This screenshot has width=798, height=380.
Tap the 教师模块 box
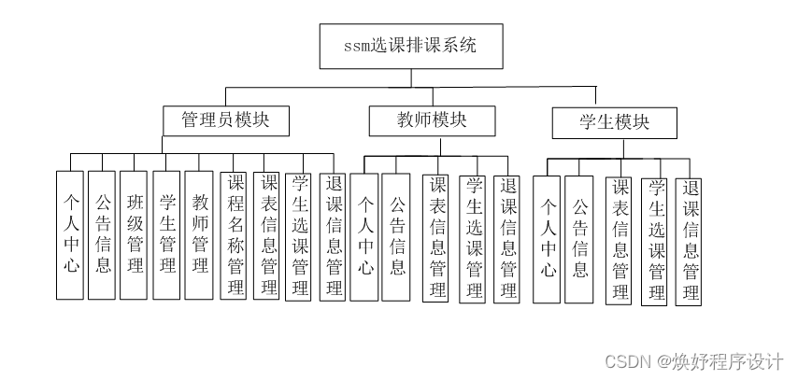click(x=419, y=120)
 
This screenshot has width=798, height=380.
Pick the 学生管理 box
click(x=166, y=234)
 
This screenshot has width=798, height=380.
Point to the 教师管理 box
click(x=199, y=234)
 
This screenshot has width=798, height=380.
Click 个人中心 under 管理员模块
click(x=70, y=234)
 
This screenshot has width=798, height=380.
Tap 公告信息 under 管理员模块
click(x=102, y=234)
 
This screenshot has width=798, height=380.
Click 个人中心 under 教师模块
click(x=364, y=237)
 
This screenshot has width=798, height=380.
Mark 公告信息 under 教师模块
click(x=396, y=237)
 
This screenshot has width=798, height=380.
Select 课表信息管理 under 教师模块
click(x=435, y=238)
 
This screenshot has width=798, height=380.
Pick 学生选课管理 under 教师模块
click(x=472, y=238)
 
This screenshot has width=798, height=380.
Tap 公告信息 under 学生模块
click(x=579, y=239)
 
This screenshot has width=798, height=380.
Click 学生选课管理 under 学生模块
click(x=655, y=241)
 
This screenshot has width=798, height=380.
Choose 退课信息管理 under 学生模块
click(x=689, y=241)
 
